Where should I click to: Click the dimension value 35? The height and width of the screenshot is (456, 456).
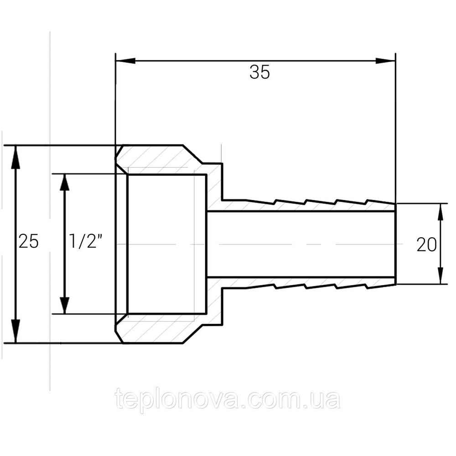point(259,73)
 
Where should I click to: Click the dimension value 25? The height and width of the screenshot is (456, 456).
point(28,241)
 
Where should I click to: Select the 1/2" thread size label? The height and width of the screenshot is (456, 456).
point(84,241)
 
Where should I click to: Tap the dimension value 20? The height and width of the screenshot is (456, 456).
point(426,245)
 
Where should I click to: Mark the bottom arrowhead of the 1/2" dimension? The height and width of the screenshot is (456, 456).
point(64,304)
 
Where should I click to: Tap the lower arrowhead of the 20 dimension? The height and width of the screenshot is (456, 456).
point(440,276)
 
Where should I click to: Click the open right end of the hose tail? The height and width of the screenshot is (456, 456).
point(395,244)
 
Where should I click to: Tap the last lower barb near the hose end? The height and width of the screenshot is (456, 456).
point(381,286)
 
